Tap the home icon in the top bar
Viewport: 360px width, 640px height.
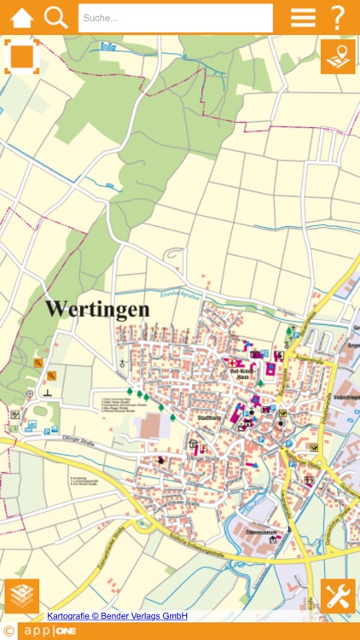[21, 17]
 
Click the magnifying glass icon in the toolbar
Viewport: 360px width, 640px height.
[55, 17]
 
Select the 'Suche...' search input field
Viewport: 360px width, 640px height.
[175, 18]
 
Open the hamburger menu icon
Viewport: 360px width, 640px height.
[303, 17]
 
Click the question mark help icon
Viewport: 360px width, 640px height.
[338, 17]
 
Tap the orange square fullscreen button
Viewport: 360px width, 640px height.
[21, 56]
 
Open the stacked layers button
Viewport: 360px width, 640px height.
[21, 596]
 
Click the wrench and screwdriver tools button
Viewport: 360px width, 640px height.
[338, 596]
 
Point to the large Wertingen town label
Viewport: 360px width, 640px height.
[97, 309]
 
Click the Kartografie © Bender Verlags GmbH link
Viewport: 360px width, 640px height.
[118, 616]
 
